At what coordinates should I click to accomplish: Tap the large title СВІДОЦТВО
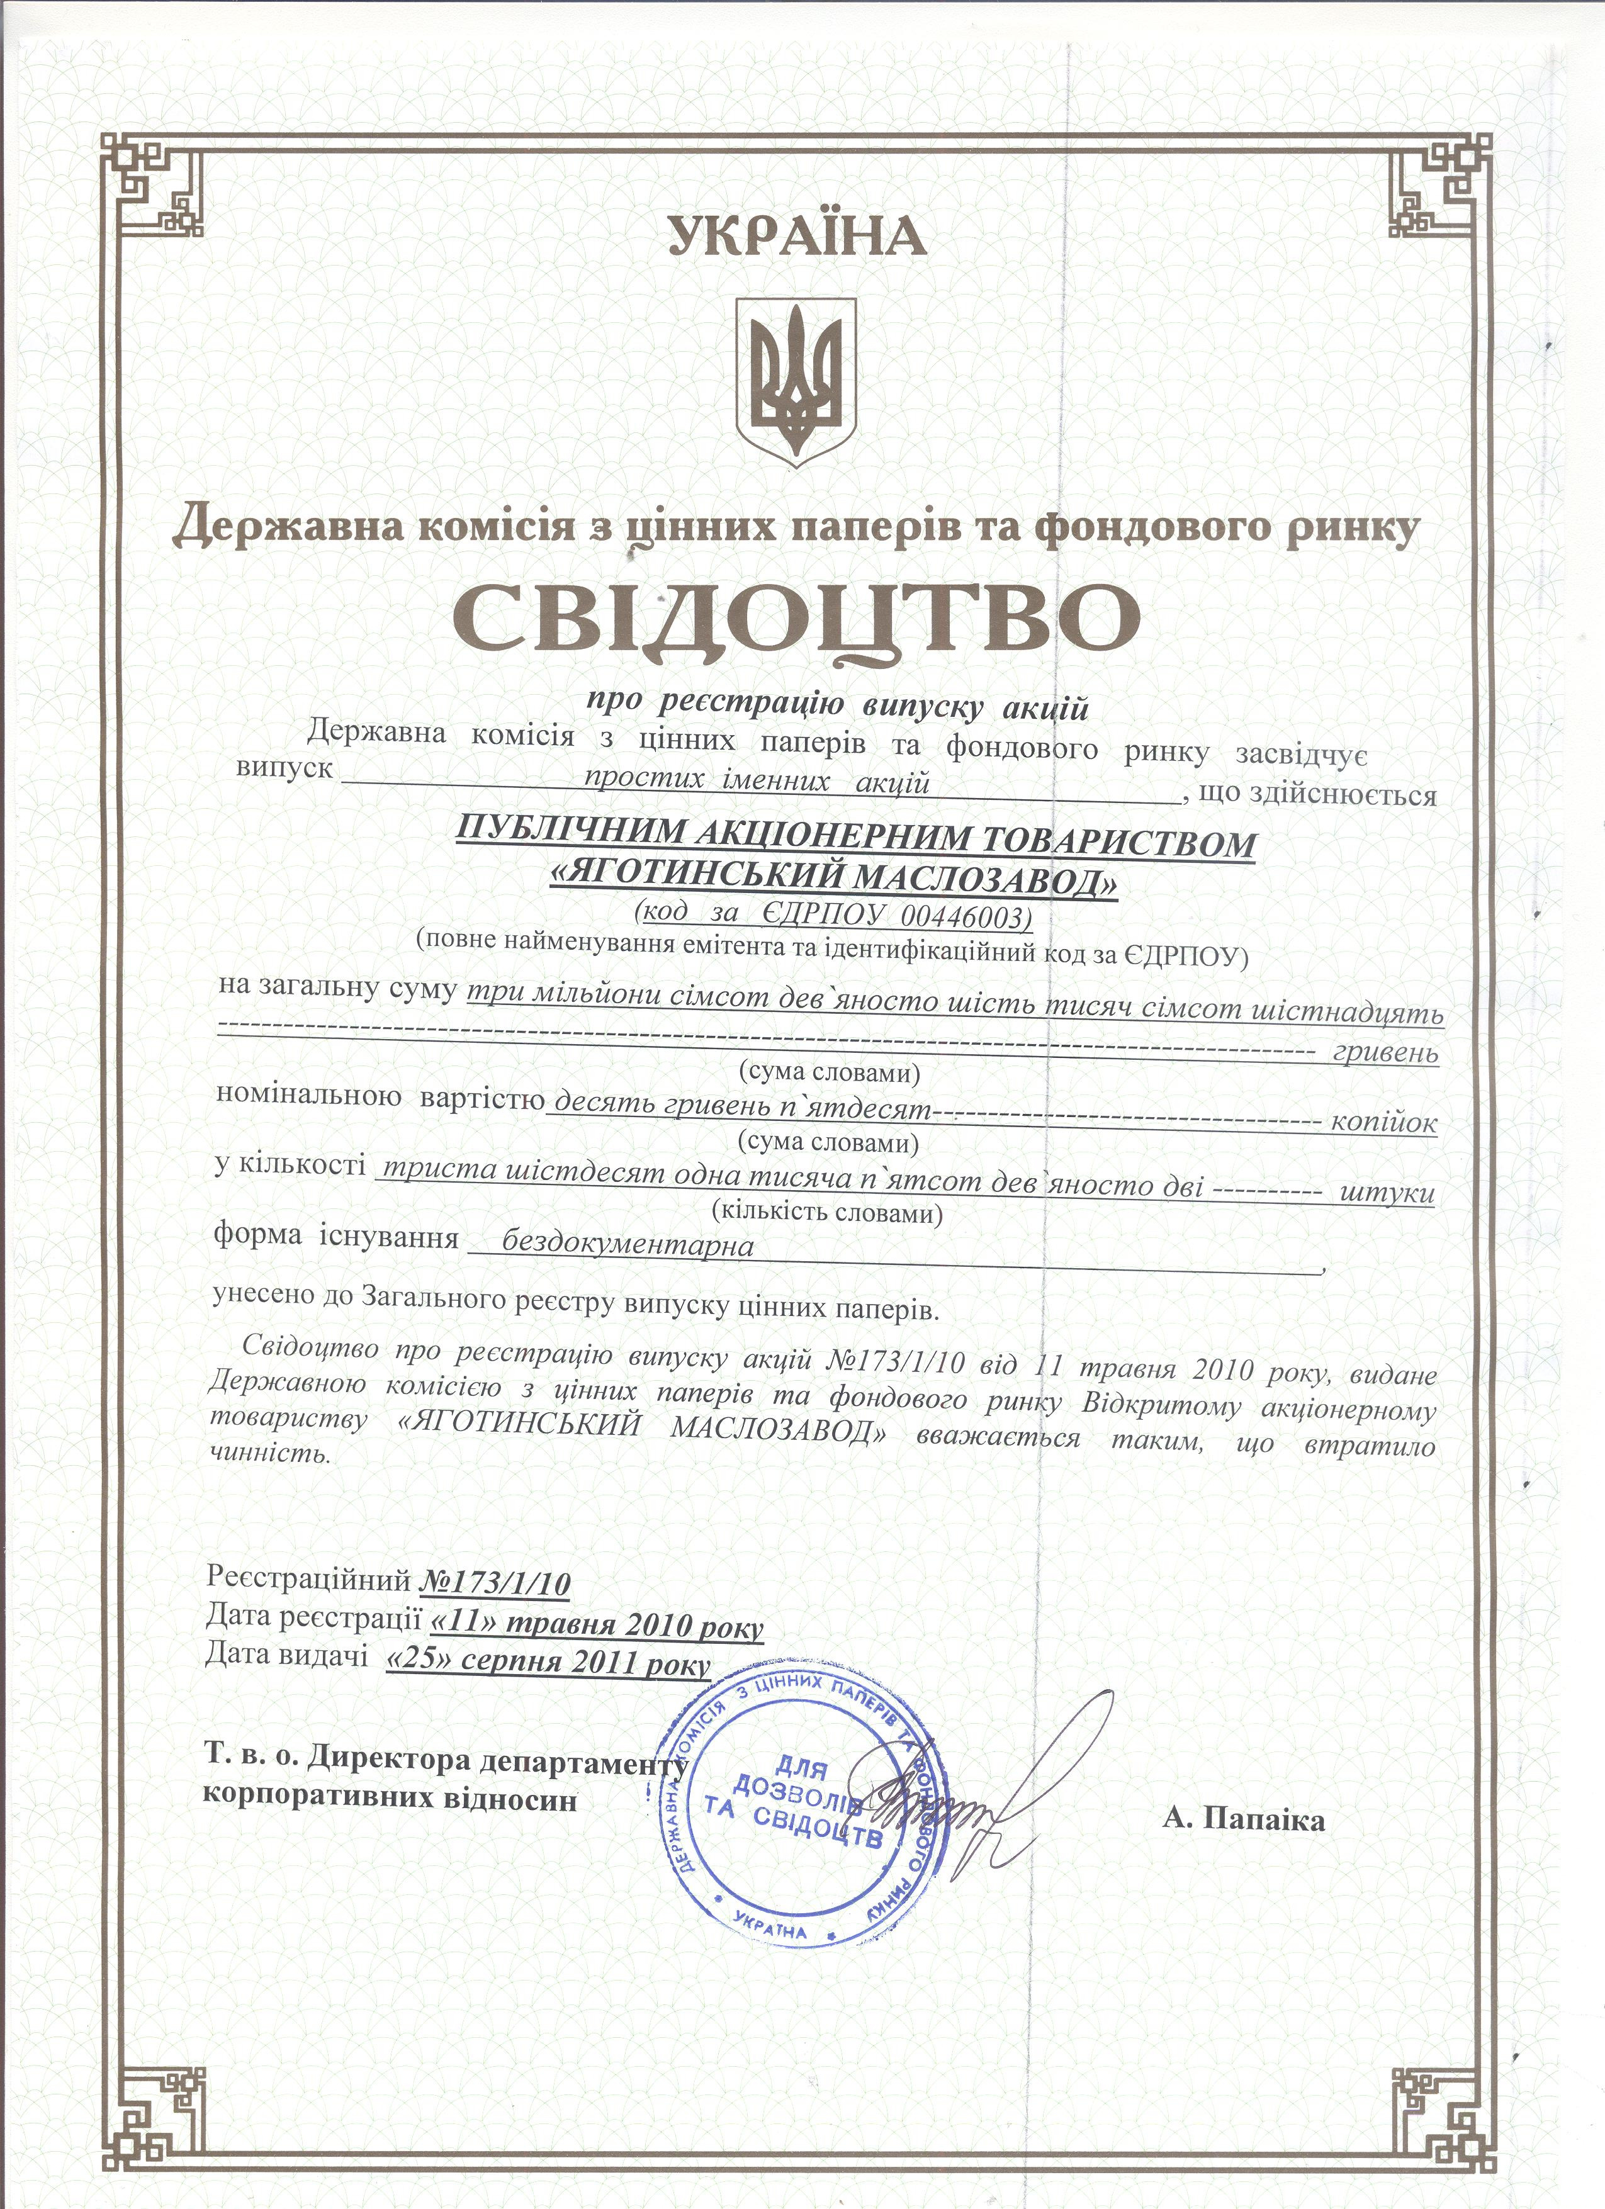[x=797, y=621]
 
